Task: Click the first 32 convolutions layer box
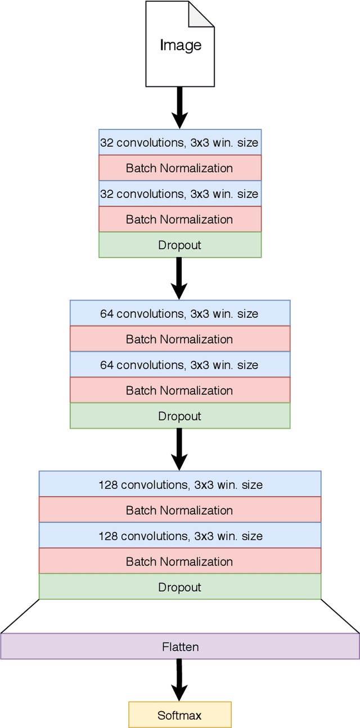pos(179,142)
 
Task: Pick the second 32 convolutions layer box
pos(179,194)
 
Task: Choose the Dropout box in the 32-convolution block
pos(179,245)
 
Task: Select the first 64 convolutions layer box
pos(179,313)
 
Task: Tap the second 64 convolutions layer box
pos(179,365)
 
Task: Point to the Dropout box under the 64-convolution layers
pos(179,416)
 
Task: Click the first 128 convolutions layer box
pos(179,484)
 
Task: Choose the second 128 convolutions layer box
pos(179,536)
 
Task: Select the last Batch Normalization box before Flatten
pos(179,561)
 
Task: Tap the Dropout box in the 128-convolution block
pos(179,587)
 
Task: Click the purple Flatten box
pos(179,646)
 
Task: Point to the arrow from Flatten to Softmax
pos(179,680)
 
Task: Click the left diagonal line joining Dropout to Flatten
pos(20,617)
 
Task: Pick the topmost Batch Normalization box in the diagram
pos(179,168)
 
